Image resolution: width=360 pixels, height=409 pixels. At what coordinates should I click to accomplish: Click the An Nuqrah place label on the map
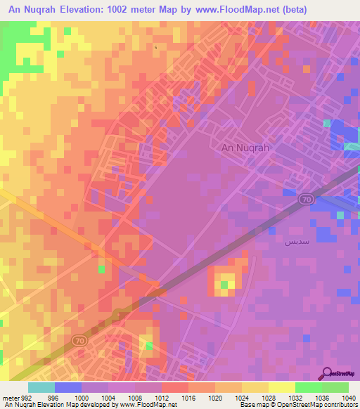(245, 148)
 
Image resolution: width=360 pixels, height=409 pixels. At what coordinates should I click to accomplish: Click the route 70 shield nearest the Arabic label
(307, 200)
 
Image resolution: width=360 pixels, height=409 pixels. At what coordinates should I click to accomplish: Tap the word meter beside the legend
(9, 397)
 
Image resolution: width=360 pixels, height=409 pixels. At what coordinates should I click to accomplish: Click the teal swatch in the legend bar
(41, 387)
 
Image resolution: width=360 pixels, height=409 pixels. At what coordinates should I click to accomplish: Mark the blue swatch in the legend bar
(68, 387)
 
